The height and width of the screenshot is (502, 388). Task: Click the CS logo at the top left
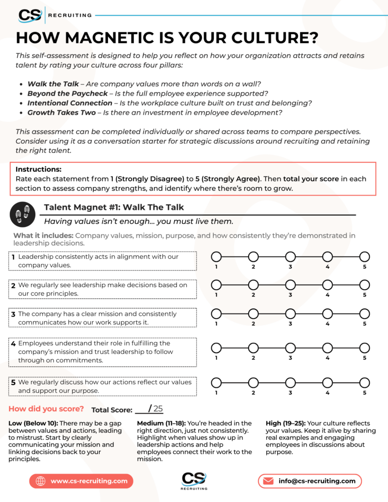[30, 15]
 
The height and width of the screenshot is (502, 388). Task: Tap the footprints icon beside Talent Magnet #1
[22, 214]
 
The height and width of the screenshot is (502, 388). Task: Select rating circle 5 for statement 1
[364, 256]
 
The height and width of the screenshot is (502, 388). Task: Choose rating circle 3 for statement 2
[290, 285]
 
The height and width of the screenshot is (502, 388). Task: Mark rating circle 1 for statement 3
[216, 313]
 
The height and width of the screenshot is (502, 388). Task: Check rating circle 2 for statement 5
[253, 383]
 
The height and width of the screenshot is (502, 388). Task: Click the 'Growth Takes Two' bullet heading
[61, 113]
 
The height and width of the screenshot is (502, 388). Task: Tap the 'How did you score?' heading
[46, 409]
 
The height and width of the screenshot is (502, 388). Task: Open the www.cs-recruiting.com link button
[81, 481]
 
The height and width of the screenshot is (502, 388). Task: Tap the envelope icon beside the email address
[268, 481]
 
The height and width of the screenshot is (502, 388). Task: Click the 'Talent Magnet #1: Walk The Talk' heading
[114, 207]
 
